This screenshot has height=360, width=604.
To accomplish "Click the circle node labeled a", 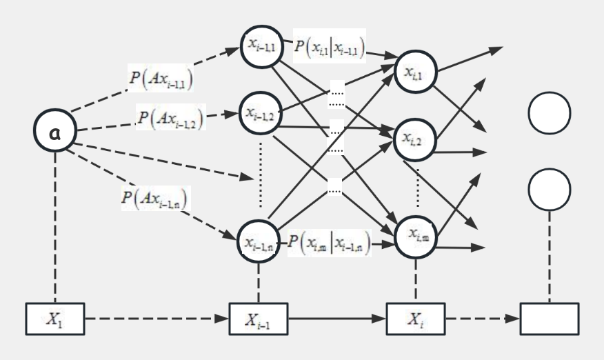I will point(54,130).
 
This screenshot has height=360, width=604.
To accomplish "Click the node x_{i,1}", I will point(414,68).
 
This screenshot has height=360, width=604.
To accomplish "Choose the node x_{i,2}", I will point(414,137).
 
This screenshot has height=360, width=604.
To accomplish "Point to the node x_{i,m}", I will point(414,235).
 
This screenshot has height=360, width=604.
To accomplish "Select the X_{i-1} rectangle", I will point(259,319).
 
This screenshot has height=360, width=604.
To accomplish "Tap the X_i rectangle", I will point(414,319).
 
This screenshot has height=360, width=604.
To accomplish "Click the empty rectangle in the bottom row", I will point(550,319).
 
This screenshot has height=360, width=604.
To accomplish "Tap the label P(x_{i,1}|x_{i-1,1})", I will point(330,46).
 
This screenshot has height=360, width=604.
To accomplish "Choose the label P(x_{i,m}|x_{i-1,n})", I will point(330,241).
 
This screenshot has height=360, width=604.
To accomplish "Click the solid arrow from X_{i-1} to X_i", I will point(336,319).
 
